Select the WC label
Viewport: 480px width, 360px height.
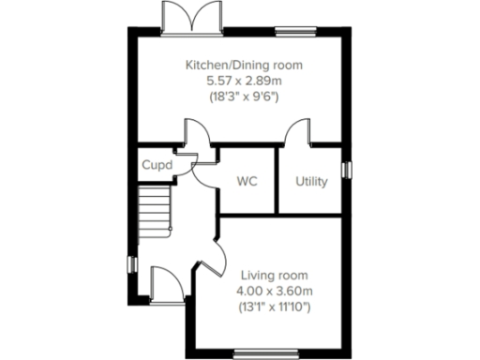pos(247,181)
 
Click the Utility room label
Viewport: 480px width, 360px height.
pos(311,181)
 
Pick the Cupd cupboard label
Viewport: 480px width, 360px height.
pos(156,165)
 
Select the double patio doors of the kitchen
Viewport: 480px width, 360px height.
pos(183,17)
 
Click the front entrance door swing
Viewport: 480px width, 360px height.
pos(164,281)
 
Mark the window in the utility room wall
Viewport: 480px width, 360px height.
pos(347,170)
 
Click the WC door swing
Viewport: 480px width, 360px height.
pos(199,165)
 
